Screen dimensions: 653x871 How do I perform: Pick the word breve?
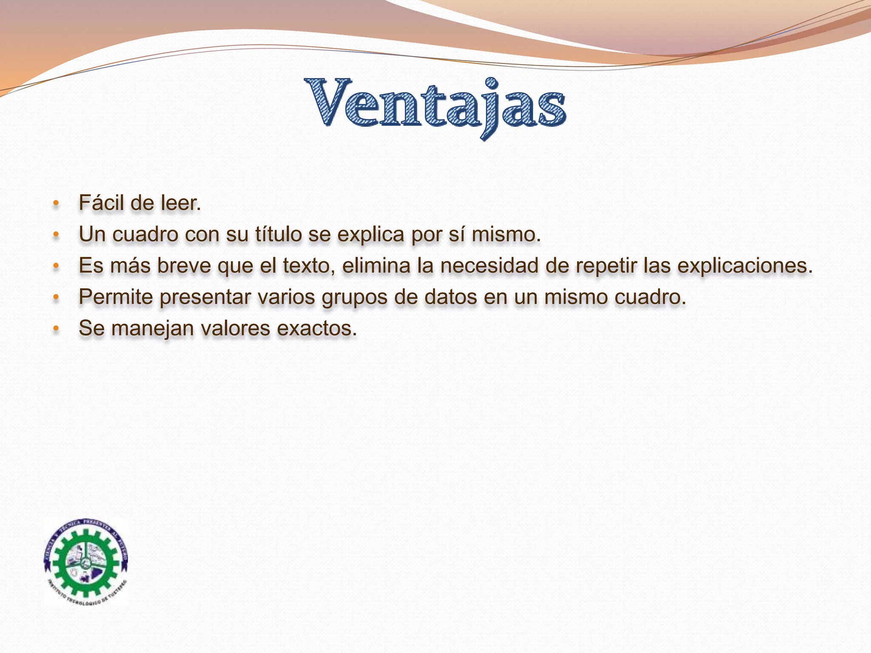185,266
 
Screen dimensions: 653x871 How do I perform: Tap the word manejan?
153,329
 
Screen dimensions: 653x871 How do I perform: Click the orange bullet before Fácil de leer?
56,204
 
